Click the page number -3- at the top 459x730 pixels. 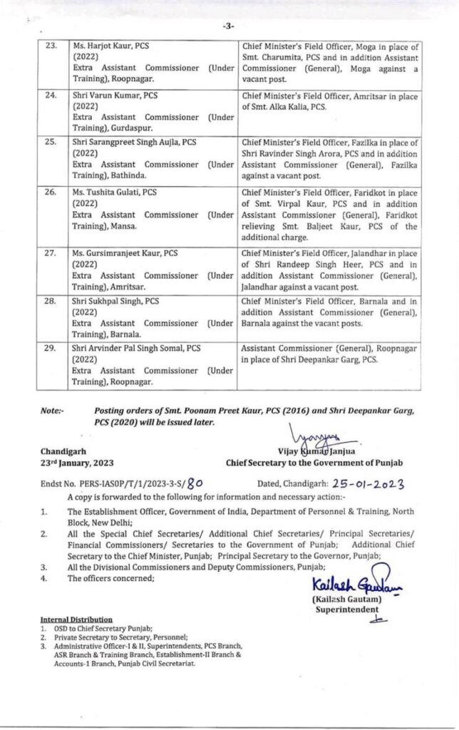228,26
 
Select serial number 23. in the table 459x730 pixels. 51,46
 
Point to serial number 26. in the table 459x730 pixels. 51,192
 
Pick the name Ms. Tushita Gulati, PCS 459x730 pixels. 117,192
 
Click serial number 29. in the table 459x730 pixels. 51,349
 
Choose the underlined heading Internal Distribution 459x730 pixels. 76,620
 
